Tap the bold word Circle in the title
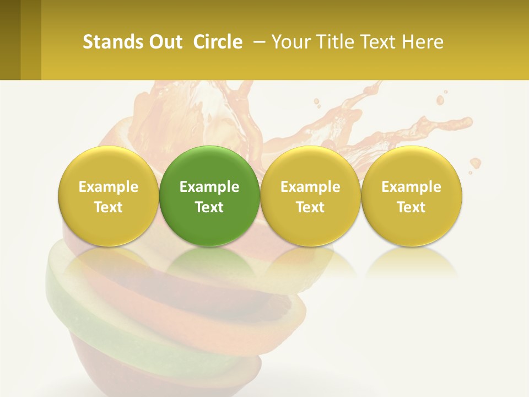tap(218, 42)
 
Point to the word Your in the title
tap(290, 42)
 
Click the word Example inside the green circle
tap(209, 187)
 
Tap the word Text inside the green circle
tap(209, 207)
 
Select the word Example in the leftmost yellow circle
tap(109, 187)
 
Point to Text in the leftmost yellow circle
tap(109, 207)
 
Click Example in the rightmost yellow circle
tap(411, 187)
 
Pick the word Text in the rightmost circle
tap(411, 207)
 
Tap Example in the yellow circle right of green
tap(310, 187)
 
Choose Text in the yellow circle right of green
tap(310, 207)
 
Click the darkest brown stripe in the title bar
tap(10, 40)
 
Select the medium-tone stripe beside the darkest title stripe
tap(31, 40)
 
